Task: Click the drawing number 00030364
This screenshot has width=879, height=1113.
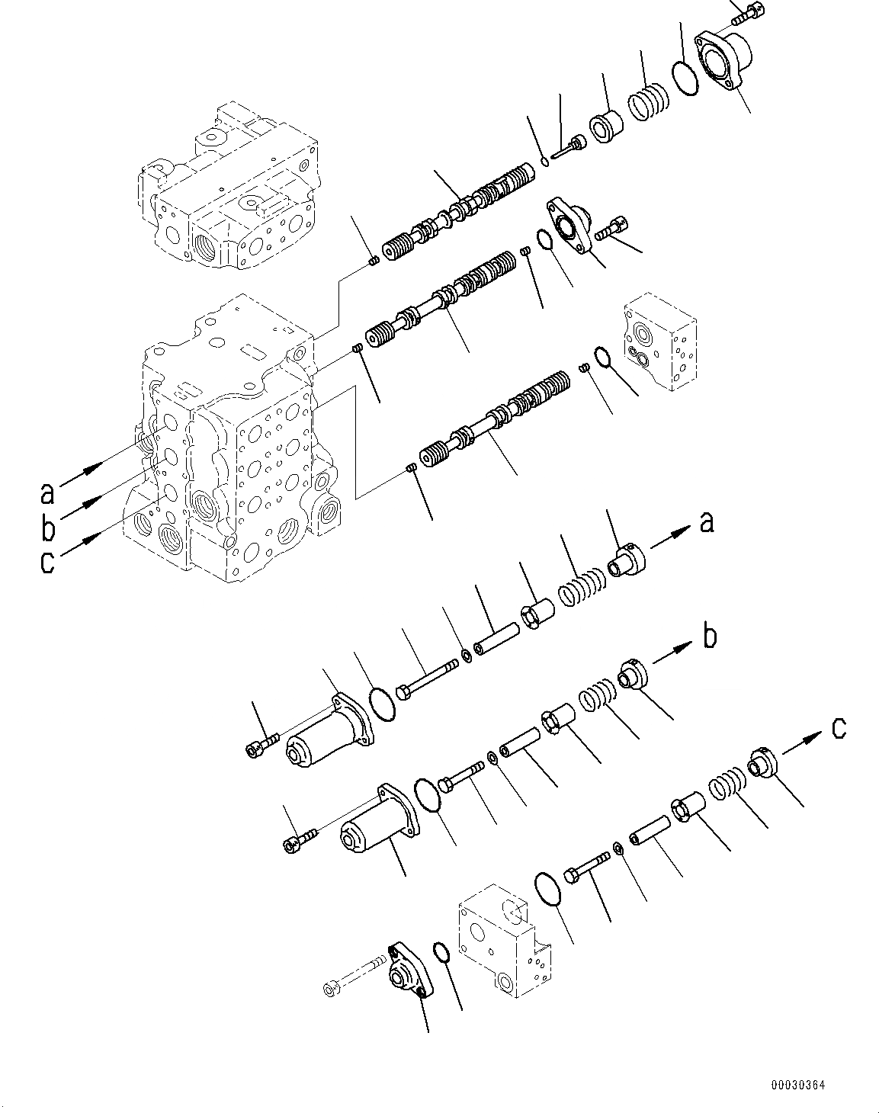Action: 797,1086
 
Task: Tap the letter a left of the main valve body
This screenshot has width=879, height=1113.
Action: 47,493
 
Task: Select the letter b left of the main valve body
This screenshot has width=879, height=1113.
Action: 47,528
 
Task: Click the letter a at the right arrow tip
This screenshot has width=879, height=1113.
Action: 707,522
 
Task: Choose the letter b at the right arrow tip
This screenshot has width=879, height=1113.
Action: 709,635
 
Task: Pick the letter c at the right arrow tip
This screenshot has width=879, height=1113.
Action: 838,729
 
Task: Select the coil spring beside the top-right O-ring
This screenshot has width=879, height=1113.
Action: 648,98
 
